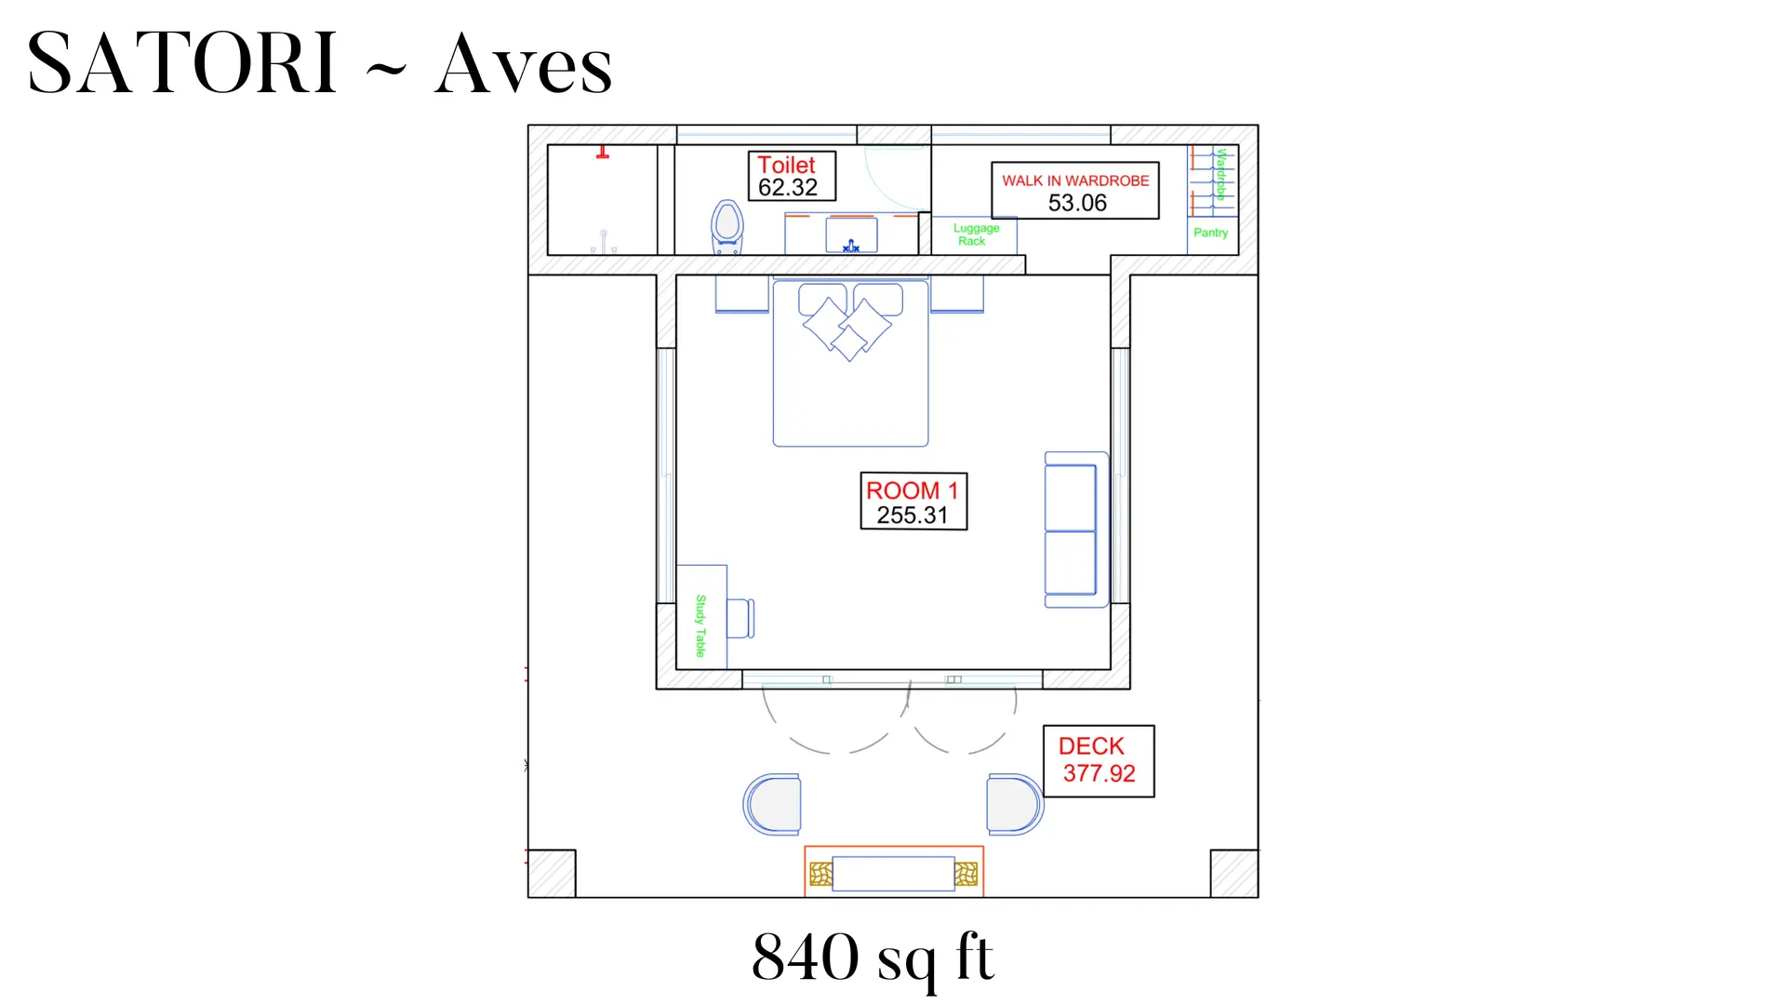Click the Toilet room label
point(792,176)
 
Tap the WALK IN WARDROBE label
point(1075,191)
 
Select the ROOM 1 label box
point(913,502)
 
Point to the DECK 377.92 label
point(1099,761)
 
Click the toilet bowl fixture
point(726,227)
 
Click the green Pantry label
point(1210,233)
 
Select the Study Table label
point(700,625)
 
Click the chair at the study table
point(740,619)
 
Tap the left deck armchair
point(772,804)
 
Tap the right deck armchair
point(1015,804)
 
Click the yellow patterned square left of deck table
point(820,874)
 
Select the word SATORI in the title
point(182,63)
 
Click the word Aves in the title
point(524,65)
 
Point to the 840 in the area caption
point(806,957)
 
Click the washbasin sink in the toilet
point(851,235)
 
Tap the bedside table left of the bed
point(742,294)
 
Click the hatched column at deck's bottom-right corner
point(1234,874)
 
